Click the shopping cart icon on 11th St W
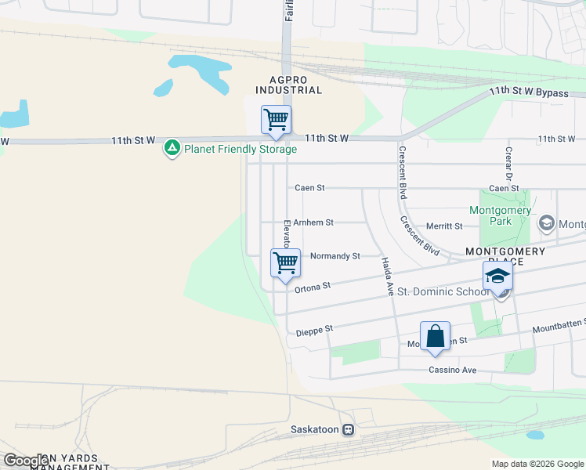(276, 121)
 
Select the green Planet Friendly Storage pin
(172, 147)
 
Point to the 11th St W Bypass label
(529, 92)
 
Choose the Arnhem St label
(314, 222)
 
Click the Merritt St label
(444, 226)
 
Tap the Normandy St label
(335, 256)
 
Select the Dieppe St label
(315, 331)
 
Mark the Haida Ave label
(387, 276)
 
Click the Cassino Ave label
(452, 370)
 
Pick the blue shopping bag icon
(436, 337)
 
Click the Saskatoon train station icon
(349, 429)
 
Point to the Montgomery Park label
(501, 215)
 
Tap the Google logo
(26, 461)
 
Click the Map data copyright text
(537, 464)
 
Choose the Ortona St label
(313, 287)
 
